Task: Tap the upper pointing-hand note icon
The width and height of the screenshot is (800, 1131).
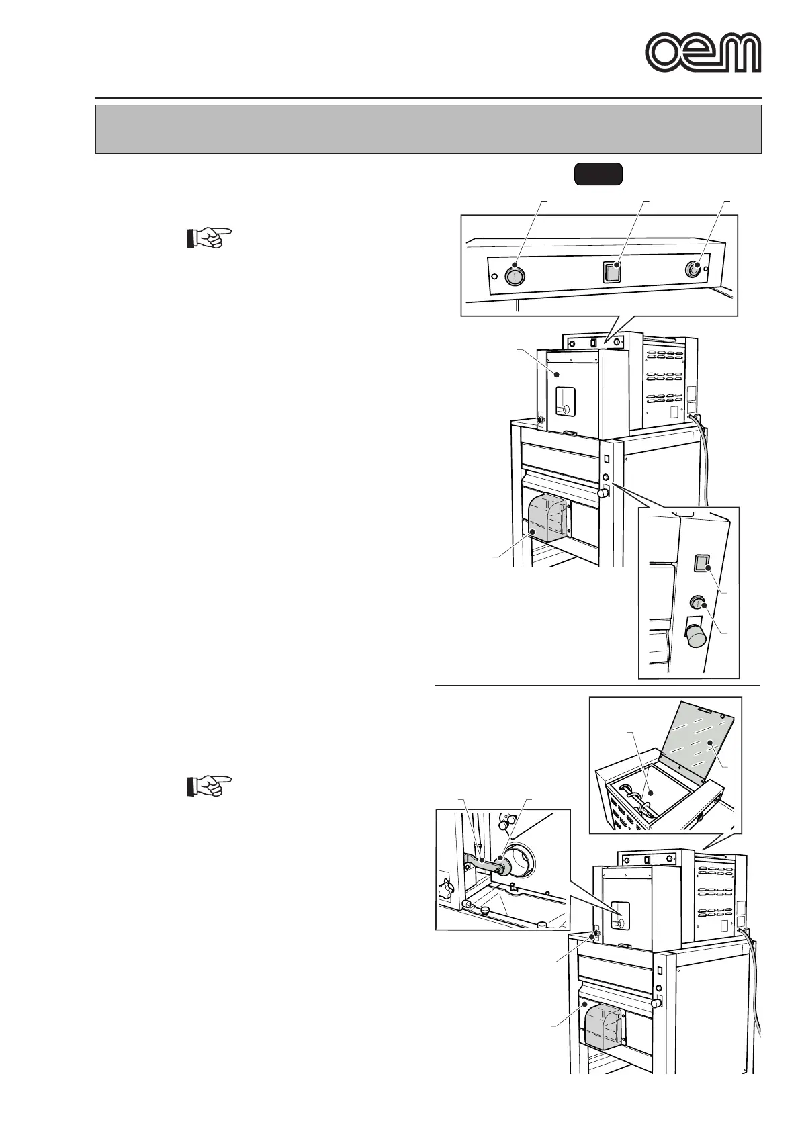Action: coord(208,238)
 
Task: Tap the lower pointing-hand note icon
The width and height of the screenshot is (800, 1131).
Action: coord(208,785)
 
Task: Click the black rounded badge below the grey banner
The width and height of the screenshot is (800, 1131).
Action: coord(598,174)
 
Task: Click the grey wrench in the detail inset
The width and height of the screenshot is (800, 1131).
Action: coord(482,864)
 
